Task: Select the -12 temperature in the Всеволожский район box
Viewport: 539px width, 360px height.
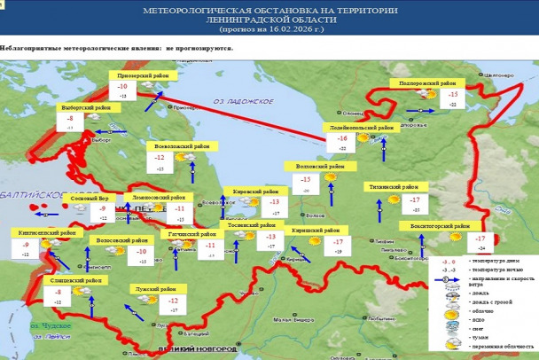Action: [x=160, y=157]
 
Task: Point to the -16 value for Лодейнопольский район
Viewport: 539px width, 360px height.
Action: [x=341, y=139]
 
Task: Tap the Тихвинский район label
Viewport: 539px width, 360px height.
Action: [x=395, y=187]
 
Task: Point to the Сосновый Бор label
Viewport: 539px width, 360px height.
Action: [x=90, y=198]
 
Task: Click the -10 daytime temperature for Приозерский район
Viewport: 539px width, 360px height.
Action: [x=122, y=87]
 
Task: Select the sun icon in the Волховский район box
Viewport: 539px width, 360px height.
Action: [x=331, y=177]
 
